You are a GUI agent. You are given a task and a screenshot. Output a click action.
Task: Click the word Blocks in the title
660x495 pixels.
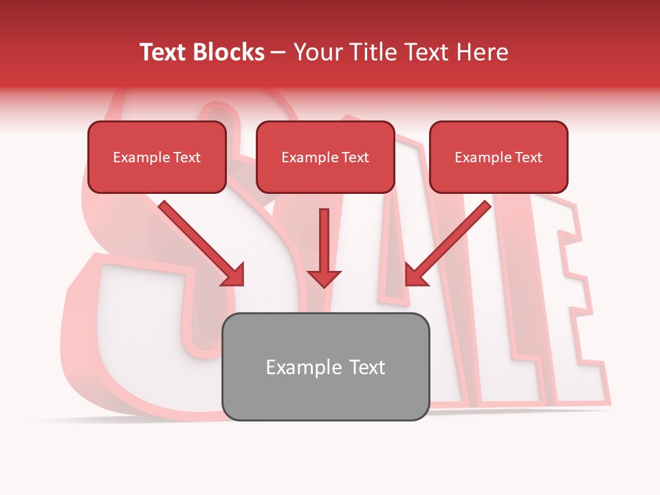click(229, 52)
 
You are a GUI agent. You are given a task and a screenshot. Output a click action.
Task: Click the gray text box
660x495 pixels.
click(325, 395)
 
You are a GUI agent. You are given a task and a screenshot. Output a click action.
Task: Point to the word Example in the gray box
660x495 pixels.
click(294, 367)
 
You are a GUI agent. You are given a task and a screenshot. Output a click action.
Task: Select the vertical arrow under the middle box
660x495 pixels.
click(324, 241)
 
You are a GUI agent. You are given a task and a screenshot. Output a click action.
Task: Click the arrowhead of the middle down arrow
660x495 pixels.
click(324, 278)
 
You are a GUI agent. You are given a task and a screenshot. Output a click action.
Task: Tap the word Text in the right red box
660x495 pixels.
click(529, 157)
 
